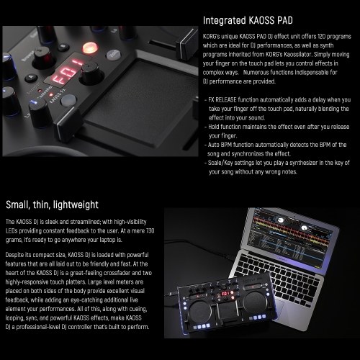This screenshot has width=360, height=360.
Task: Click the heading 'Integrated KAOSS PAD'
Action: pyautogui.click(x=248, y=20)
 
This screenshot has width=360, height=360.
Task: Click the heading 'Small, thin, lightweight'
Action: pyautogui.click(x=52, y=204)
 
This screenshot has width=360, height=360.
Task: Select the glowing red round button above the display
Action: pyautogui.click(x=90, y=48)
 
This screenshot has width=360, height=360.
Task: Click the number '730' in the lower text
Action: pyautogui.click(x=150, y=231)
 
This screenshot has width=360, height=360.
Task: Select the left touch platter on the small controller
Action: pyautogui.click(x=199, y=312)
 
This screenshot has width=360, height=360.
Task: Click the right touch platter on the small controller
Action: pyautogui.click(x=255, y=302)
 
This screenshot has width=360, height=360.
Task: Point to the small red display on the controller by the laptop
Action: pyautogui.click(x=225, y=294)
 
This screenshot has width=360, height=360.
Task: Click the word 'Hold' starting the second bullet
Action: pyautogui.click(x=214, y=127)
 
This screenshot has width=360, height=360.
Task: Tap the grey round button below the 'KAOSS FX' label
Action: pyautogui.click(x=68, y=101)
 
